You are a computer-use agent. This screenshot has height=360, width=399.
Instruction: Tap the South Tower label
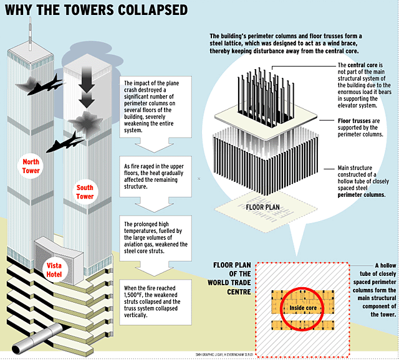click(85, 192)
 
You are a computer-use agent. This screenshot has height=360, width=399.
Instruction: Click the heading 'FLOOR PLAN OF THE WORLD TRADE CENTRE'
click(232, 278)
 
